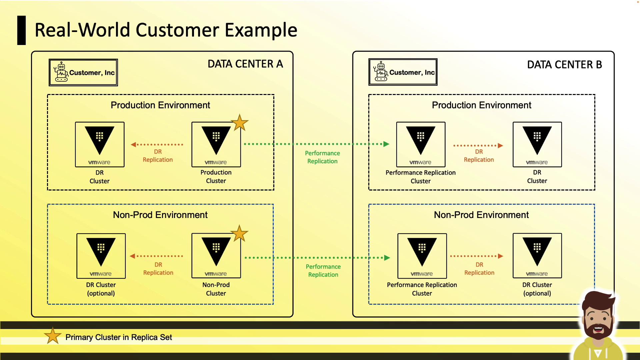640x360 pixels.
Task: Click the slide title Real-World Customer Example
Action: point(166,30)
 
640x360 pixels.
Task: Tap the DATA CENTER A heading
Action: point(245,64)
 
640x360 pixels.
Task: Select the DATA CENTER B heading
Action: point(564,65)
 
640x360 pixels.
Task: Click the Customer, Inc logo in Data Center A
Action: point(83,72)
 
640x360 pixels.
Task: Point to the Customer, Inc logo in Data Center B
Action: point(403,72)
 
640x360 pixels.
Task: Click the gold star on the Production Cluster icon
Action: point(240,123)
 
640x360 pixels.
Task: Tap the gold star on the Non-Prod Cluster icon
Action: point(239,234)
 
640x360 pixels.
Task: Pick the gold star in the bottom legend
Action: point(53,336)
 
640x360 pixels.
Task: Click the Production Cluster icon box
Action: point(216,144)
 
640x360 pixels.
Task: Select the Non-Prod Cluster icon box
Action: point(216,256)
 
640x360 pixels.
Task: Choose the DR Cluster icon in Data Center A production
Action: point(100,144)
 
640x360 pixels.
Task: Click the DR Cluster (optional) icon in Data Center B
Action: point(537,256)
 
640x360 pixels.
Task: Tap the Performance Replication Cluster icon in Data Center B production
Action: point(421,144)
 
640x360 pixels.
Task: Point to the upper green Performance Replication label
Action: point(322,157)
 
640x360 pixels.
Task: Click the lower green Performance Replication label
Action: point(323,271)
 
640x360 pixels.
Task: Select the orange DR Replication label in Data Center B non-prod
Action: point(479,269)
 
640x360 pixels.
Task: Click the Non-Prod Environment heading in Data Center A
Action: point(160,215)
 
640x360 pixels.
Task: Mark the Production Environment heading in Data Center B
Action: point(481,105)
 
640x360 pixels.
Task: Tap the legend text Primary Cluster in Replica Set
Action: point(119,337)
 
